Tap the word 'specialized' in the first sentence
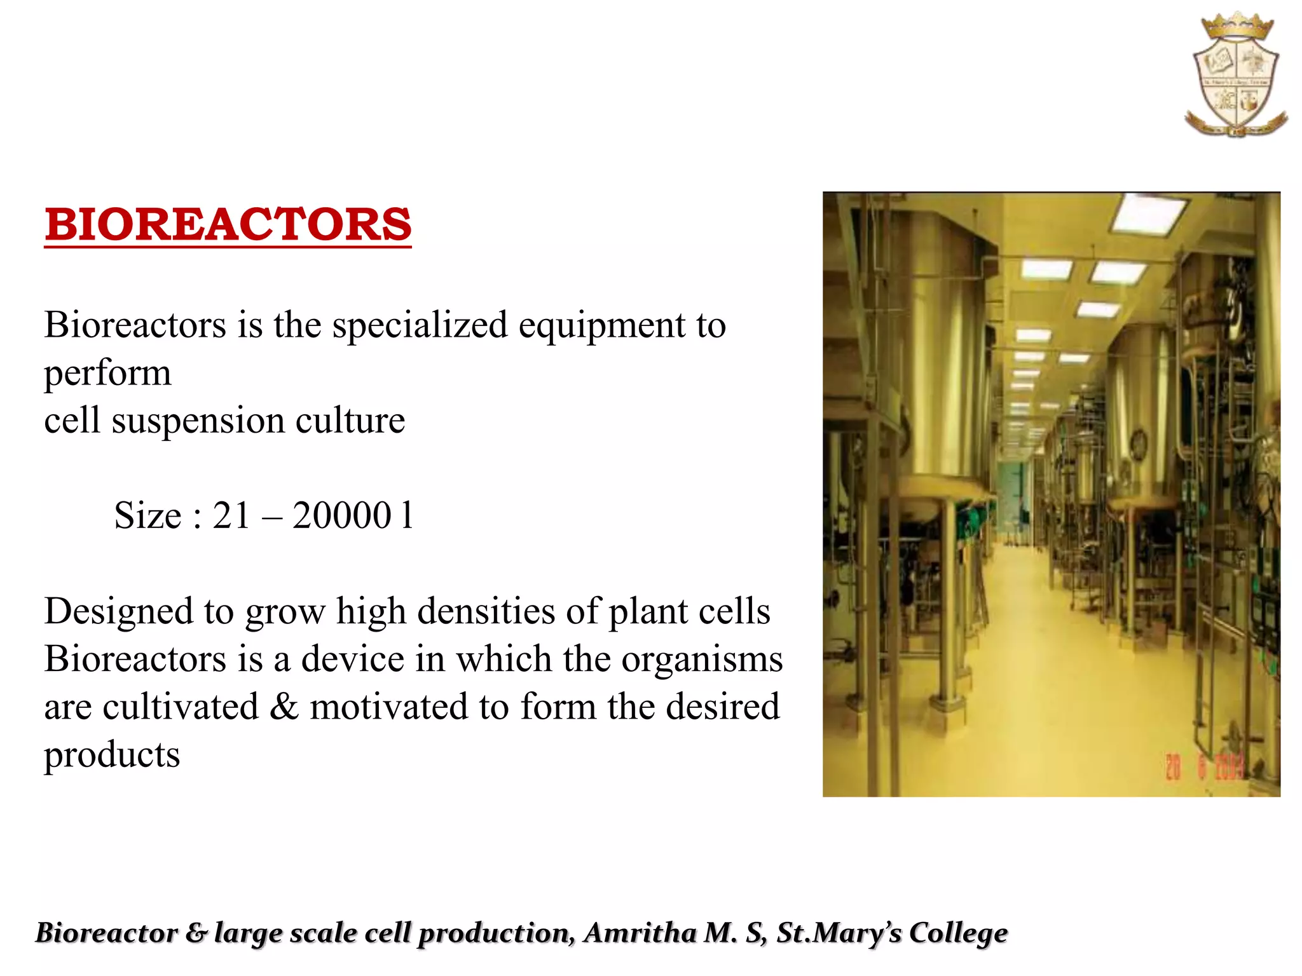click(420, 325)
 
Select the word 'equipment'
click(601, 325)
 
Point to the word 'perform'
click(107, 374)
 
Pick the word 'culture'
click(350, 421)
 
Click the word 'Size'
click(147, 515)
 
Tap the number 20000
click(341, 515)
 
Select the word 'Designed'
click(118, 612)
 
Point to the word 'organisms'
click(702, 659)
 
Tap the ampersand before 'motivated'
click(284, 707)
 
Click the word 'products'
click(112, 756)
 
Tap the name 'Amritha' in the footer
click(642, 933)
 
